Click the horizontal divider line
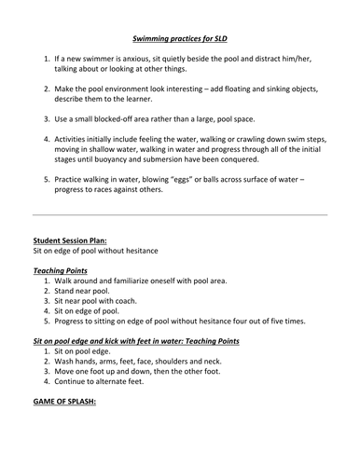click(179, 215)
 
